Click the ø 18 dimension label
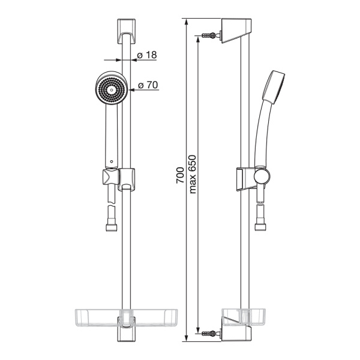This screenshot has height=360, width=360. pyautogui.click(x=147, y=55)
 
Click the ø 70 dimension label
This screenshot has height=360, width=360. pyautogui.click(x=148, y=85)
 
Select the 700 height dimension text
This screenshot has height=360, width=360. pyautogui.click(x=180, y=175)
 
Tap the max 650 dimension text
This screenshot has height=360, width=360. pyautogui.click(x=193, y=175)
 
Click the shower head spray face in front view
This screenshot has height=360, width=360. pyautogui.click(x=112, y=89)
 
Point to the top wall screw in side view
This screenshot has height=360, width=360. pyautogui.click(x=209, y=35)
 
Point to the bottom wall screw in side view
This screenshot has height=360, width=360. pyautogui.click(x=209, y=334)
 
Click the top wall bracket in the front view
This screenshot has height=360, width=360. pyautogui.click(x=127, y=31)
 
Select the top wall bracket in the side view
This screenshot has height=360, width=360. pyautogui.click(x=236, y=31)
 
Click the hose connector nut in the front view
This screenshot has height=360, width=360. pyautogui.click(x=112, y=227)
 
